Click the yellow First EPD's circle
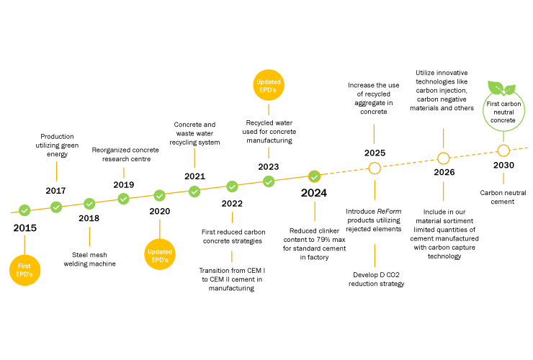[24, 270]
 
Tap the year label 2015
[25, 228]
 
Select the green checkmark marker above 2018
[89, 204]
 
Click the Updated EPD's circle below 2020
[160, 254]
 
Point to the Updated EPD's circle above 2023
[269, 85]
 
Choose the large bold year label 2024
[314, 193]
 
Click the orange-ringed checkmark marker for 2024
[315, 176]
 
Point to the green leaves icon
[502, 88]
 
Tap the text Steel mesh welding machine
[90, 259]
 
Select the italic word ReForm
[389, 211]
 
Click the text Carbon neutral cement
[503, 197]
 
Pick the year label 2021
[194, 176]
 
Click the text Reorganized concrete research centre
[125, 154]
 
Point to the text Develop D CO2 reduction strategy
[376, 279]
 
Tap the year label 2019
[124, 184]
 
